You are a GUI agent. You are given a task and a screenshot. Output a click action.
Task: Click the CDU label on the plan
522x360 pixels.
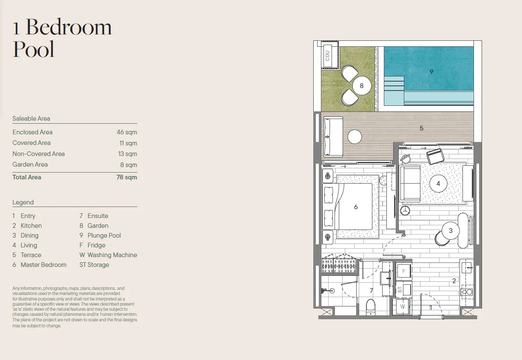[327, 56]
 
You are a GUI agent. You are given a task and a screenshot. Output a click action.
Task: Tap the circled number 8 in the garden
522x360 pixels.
[361, 86]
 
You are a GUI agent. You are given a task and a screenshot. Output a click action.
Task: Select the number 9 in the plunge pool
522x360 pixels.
[431, 71]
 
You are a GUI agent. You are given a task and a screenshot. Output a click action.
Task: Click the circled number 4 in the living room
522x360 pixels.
[438, 184]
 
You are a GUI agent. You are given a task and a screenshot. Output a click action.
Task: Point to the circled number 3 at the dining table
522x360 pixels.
[451, 230]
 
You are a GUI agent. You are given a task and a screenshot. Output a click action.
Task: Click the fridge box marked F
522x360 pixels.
[404, 271]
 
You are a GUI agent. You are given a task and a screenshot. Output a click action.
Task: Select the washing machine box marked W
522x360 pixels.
[403, 306]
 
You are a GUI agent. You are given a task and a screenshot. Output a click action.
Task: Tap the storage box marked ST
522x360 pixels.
[404, 289]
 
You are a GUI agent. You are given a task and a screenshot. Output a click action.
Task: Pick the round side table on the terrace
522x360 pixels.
[355, 137]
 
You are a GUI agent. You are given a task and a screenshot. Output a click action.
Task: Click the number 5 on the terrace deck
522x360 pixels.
[421, 128]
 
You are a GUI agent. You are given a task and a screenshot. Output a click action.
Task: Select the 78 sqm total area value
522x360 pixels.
[127, 177]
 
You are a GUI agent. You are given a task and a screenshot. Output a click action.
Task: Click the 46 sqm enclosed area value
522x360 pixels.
[127, 132]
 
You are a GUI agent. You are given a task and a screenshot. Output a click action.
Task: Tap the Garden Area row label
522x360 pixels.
[30, 164]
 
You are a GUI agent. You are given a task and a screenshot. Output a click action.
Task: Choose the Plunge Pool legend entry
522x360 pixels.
[100, 235]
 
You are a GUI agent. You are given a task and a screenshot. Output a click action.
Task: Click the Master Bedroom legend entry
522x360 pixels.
[40, 265]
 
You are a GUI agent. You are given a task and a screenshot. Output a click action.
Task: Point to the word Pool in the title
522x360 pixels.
[34, 49]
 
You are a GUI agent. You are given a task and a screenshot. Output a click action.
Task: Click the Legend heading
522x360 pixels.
[23, 202]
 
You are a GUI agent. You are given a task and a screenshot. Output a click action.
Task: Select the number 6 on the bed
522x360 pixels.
[356, 207]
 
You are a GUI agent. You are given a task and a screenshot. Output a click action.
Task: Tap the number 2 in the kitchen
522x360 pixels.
[454, 281]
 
